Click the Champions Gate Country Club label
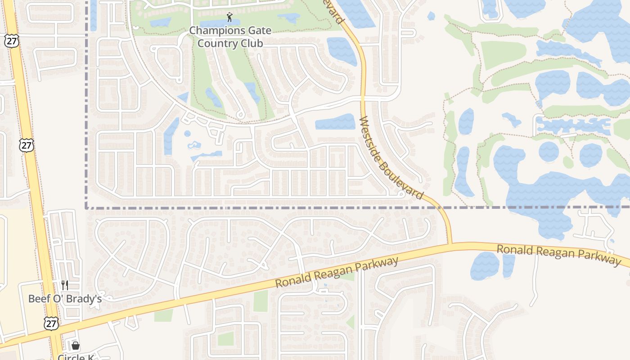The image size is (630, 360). (x=230, y=37)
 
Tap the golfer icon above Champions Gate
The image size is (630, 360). (x=230, y=18)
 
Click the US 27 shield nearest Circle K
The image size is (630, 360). (x=51, y=323)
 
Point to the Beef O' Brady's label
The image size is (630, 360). (x=65, y=299)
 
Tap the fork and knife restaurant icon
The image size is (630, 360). (x=65, y=285)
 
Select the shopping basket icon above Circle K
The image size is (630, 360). (x=76, y=346)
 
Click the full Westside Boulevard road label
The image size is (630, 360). (x=391, y=158)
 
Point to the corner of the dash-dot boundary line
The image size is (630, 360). (x=86, y=208)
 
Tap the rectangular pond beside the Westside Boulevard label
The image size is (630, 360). (x=335, y=122)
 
